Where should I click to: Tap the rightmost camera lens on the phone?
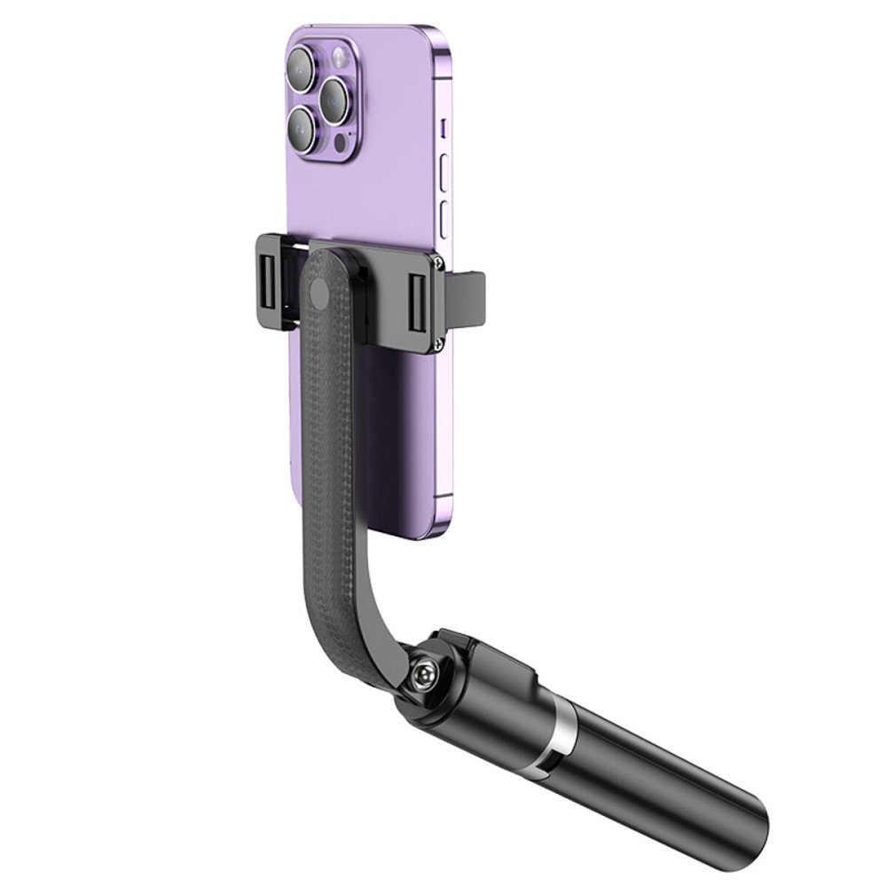[337, 99]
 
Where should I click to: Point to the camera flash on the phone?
[338, 59]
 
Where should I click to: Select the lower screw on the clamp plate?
[438, 339]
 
